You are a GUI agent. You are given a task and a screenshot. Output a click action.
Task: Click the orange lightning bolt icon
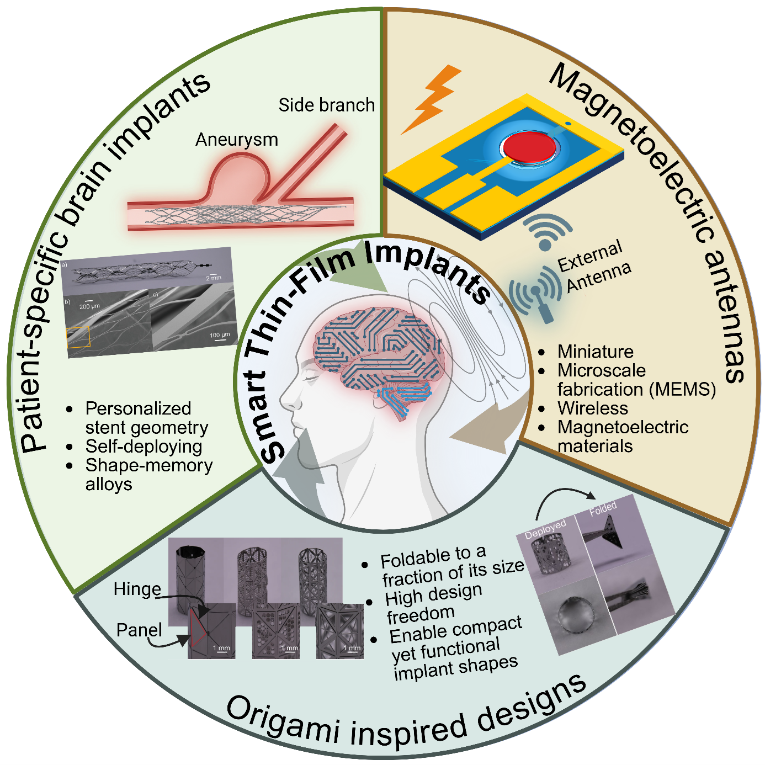pyautogui.click(x=433, y=98)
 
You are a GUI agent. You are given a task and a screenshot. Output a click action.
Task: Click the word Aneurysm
pyautogui.click(x=237, y=140)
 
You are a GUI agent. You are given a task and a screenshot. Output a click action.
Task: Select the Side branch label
pyautogui.click(x=326, y=105)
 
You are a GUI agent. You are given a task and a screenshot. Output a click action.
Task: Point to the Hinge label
pyautogui.click(x=137, y=589)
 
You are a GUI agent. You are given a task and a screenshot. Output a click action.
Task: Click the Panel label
pyautogui.click(x=139, y=630)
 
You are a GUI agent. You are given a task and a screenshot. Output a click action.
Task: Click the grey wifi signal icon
pyautogui.click(x=546, y=232)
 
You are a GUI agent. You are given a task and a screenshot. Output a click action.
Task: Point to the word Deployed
pyautogui.click(x=545, y=529)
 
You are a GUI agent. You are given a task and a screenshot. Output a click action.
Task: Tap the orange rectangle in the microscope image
pyautogui.click(x=78, y=337)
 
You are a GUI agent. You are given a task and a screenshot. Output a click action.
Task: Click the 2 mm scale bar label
pyautogui.click(x=214, y=278)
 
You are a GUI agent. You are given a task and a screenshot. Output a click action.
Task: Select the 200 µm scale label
pyautogui.click(x=89, y=306)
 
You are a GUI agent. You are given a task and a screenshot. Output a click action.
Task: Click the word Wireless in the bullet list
pyautogui.click(x=593, y=408)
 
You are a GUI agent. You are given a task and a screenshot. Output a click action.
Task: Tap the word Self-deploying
pyautogui.click(x=144, y=447)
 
